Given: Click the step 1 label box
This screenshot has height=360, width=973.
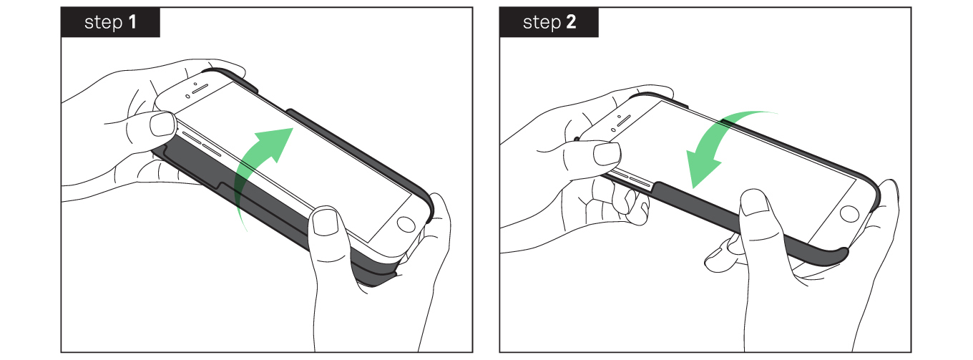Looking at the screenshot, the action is [110, 22].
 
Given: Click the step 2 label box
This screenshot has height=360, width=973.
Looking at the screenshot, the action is [549, 22].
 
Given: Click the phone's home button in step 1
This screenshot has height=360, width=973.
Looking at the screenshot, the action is [406, 225].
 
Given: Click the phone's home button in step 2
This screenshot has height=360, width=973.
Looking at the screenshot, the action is [849, 214].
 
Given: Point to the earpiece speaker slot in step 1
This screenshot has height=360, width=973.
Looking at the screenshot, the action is [200, 89].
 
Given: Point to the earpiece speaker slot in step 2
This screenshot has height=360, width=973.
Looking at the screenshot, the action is [624, 120].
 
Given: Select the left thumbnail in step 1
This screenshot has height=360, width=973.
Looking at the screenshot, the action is [162, 124].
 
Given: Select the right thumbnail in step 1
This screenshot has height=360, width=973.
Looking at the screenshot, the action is [326, 222].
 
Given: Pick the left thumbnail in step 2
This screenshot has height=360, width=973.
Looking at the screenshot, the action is [607, 155].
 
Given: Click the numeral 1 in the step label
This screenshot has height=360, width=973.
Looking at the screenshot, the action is [132, 21].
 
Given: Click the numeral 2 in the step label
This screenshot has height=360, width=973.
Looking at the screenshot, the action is [571, 21].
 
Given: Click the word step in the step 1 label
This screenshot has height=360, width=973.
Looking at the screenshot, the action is [103, 23].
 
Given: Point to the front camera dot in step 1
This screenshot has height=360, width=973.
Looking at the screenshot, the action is [195, 84].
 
